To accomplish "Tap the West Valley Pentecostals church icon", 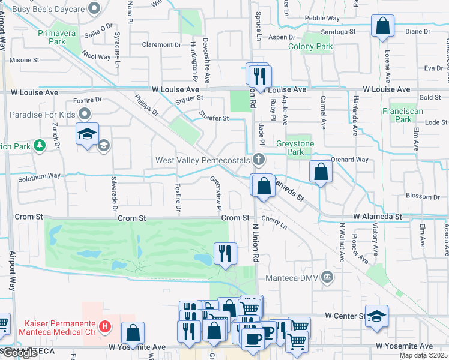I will tap(258, 160).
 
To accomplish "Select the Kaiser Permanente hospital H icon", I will tap(105, 327).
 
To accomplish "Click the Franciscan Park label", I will tap(402, 115).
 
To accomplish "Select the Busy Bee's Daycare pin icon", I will tap(94, 9).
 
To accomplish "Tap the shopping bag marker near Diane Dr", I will tap(382, 26).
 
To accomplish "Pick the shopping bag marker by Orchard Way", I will tap(321, 172).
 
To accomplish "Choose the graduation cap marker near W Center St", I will tap(376, 316).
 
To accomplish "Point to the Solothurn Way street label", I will tap(39, 175).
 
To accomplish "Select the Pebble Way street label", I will tap(322, 19).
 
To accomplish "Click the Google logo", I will tap(20, 353).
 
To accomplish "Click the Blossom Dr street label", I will tap(423, 196).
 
